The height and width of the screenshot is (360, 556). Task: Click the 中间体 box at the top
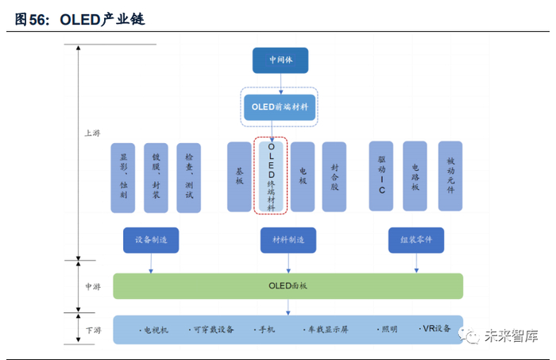280,60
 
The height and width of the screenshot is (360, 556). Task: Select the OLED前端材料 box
280,106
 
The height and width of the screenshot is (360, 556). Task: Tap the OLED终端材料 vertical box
272,177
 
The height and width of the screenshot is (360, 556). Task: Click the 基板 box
239,176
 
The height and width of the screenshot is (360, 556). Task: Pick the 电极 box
303,176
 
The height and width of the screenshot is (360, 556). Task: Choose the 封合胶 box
334,176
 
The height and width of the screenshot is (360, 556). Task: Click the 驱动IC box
382,176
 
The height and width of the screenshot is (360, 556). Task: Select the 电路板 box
415,176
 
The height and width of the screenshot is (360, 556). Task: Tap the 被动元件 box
450,176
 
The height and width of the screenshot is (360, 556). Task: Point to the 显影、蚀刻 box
123,177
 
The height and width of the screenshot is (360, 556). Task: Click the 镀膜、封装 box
156,177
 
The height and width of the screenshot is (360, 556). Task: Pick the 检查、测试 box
188,177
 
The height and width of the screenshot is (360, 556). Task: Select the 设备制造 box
151,240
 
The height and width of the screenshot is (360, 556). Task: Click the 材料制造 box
288,240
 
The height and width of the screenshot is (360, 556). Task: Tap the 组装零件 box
416,240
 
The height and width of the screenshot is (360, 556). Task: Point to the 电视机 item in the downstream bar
154,329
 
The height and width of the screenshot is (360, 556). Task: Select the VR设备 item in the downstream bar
436,329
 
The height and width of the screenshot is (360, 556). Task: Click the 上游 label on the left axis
92,134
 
